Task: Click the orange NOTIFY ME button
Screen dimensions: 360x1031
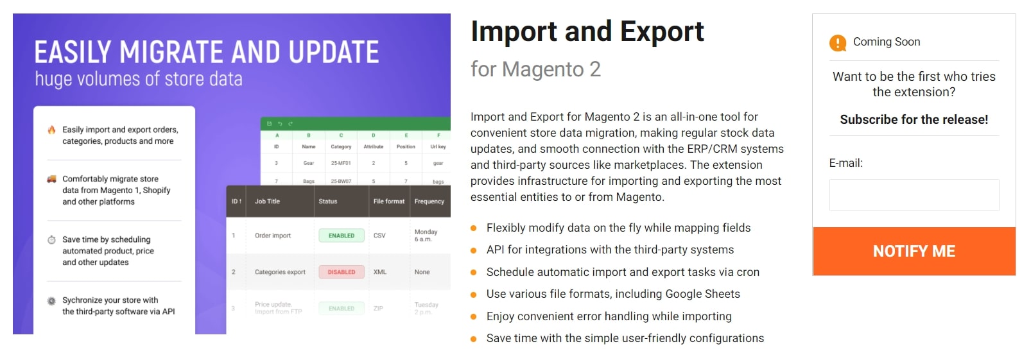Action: (914, 251)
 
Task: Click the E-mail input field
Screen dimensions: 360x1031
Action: (914, 195)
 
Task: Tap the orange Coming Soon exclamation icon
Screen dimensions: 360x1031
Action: (838, 43)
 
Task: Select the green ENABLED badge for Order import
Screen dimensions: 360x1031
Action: (342, 236)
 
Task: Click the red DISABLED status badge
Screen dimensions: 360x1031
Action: (342, 272)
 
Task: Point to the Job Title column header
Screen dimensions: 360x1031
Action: (267, 201)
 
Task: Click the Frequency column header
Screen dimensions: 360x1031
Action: (429, 201)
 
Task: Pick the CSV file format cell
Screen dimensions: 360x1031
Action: (379, 236)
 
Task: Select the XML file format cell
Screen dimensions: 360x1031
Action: (380, 272)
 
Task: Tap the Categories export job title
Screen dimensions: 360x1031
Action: (280, 272)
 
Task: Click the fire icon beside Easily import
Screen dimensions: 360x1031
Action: (51, 130)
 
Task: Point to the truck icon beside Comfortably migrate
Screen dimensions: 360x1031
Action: (51, 179)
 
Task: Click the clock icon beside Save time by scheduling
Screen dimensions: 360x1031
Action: (51, 240)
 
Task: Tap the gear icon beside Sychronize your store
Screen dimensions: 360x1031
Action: (51, 301)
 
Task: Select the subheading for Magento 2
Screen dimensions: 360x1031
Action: (535, 69)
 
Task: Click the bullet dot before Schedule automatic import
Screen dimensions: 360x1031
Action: (474, 272)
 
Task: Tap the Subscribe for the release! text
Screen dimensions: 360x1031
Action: (914, 119)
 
